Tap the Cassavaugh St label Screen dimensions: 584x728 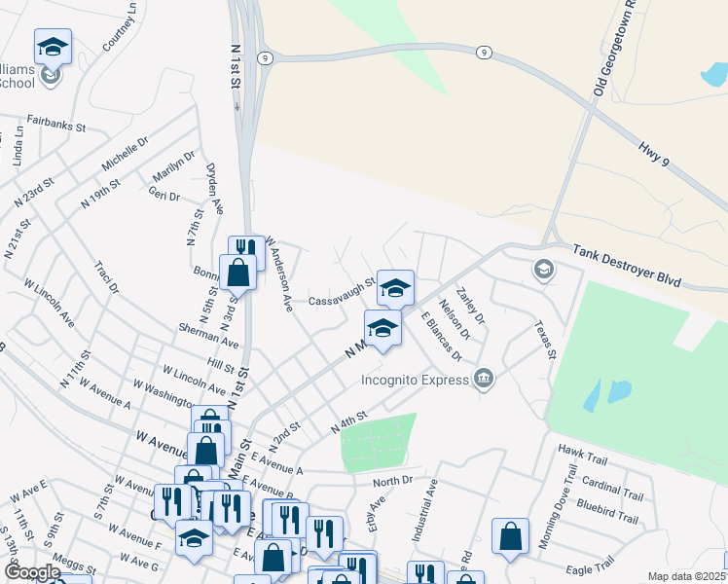(x=342, y=294)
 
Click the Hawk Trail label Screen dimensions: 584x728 (x=582, y=451)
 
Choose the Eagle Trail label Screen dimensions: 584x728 (x=590, y=564)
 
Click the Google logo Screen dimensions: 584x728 (x=32, y=572)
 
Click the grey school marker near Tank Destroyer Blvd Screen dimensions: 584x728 (x=544, y=269)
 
